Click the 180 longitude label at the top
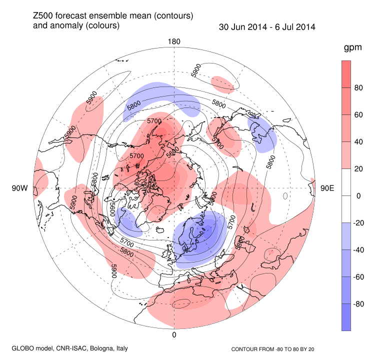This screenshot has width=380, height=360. coord(174,41)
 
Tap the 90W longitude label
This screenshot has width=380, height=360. coord(19,188)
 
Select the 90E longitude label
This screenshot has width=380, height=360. coord(327,188)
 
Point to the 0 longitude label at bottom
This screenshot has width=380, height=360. coord(174,334)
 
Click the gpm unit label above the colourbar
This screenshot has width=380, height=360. coord(353,48)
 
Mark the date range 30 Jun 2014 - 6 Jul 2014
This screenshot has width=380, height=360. coord(267,27)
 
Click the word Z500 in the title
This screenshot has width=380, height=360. coord(43,16)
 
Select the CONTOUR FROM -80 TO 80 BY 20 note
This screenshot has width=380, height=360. coord(276,348)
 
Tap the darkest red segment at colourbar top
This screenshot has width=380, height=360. coord(346,74)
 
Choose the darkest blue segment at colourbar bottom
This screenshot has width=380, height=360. coord(346,317)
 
